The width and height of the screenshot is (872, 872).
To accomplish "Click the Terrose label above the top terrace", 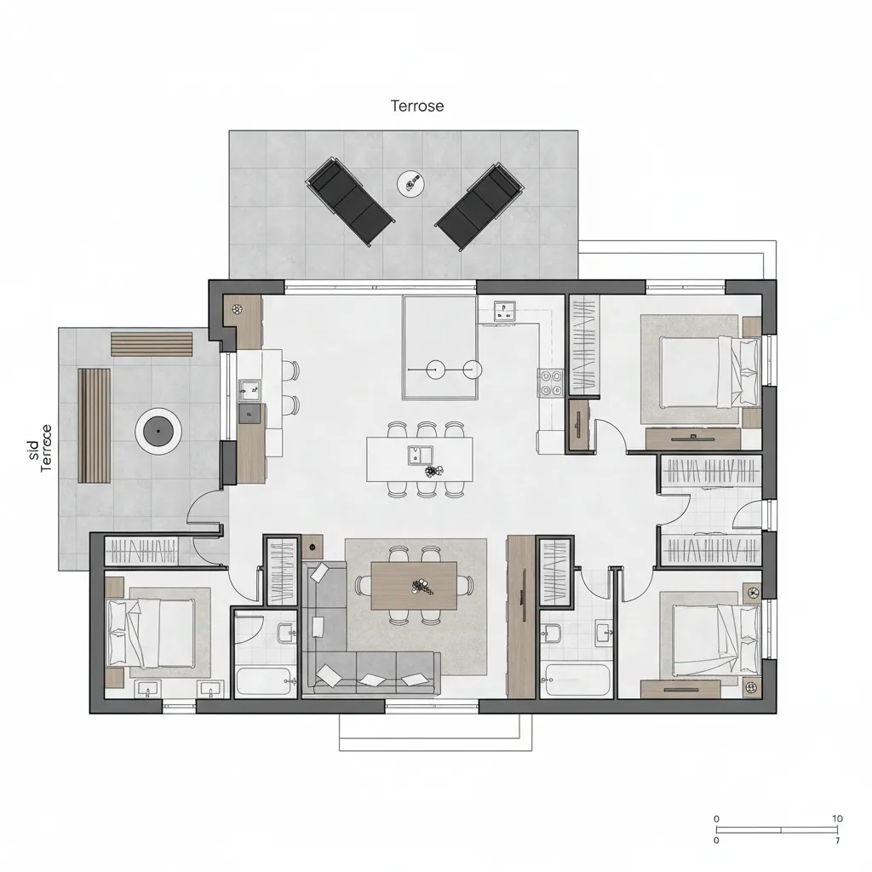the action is (417, 106).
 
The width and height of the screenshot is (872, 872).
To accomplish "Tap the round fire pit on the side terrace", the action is (158, 431).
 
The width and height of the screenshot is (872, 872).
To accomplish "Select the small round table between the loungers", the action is (411, 183).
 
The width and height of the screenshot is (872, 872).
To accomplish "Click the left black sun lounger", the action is (350, 201).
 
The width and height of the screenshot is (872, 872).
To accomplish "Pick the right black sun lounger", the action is (479, 206).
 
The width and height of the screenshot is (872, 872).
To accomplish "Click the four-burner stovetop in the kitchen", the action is (551, 383).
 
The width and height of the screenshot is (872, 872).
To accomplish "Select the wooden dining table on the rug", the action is (415, 586).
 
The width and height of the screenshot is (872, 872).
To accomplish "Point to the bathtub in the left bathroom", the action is (264, 681).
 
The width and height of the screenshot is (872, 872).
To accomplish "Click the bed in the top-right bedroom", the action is (709, 371).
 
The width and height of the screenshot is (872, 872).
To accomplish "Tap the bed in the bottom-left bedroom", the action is (150, 633).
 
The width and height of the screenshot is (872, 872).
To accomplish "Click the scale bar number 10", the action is (837, 818).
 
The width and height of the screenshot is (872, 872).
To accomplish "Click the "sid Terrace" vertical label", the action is (40, 448).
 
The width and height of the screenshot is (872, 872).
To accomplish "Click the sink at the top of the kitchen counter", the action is (505, 311).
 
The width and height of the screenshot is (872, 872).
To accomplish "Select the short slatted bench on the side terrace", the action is (152, 344).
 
